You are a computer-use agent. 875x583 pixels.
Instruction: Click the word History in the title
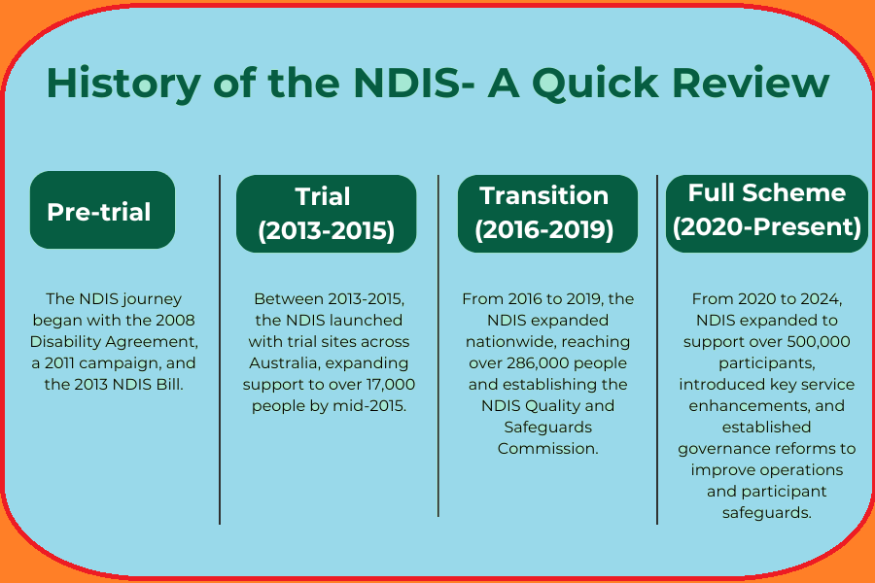[x=123, y=84]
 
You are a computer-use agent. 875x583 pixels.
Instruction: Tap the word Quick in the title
[x=595, y=84]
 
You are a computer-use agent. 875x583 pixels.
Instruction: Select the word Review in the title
[x=752, y=84]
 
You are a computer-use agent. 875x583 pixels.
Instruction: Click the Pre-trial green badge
[x=103, y=210]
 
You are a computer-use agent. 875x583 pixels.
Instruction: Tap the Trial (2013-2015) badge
[x=327, y=214]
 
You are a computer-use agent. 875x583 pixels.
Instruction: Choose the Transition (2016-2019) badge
[x=547, y=214]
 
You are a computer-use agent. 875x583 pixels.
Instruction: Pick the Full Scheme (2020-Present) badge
[x=767, y=214]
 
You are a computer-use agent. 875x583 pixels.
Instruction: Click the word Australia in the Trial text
[x=285, y=363]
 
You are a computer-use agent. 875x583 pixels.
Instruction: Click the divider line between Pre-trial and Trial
[x=220, y=350]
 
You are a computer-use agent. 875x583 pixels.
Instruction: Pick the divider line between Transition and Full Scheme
[x=657, y=350]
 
